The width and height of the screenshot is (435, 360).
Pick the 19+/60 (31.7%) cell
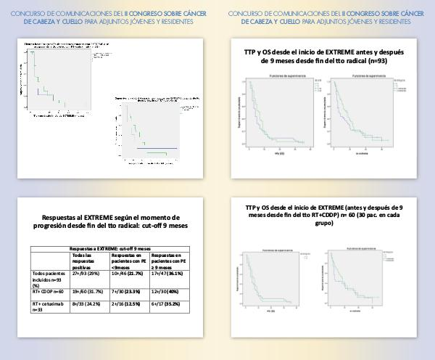86,292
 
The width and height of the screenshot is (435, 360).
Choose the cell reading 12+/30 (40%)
170,292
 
